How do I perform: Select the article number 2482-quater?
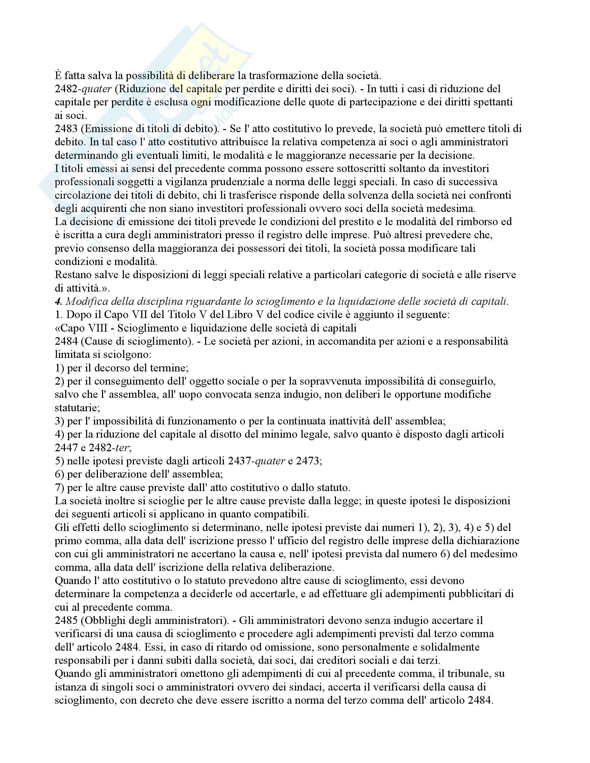[x=83, y=89]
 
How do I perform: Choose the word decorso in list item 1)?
[x=112, y=368]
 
